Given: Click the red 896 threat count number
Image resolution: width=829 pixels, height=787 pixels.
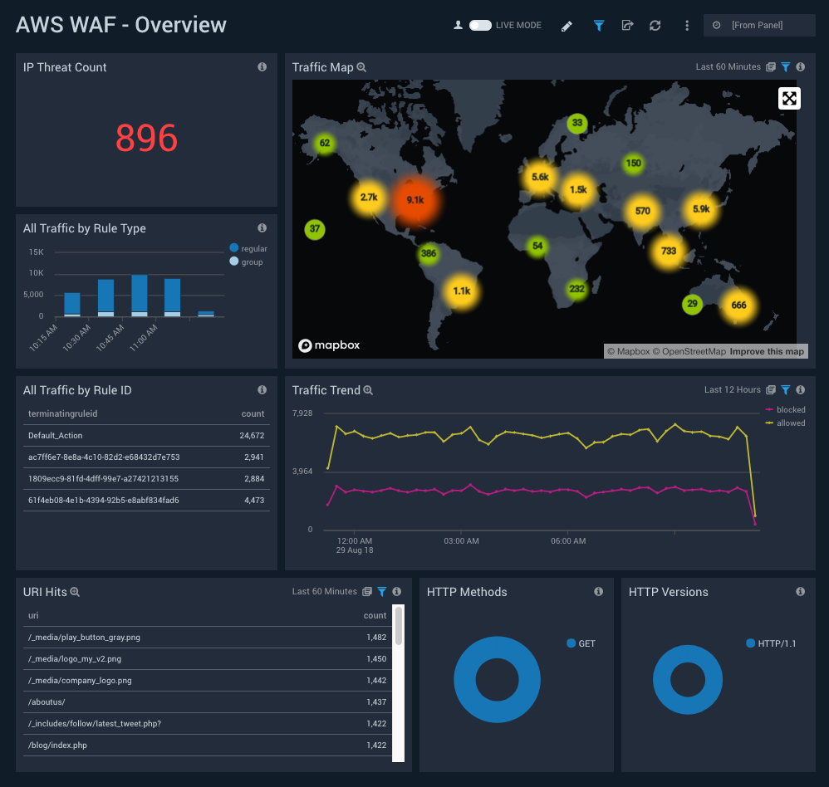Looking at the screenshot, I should pos(146,138).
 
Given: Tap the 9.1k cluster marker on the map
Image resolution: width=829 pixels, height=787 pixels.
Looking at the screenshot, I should pos(415,199).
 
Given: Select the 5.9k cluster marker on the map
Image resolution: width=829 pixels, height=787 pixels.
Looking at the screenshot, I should pos(701,209).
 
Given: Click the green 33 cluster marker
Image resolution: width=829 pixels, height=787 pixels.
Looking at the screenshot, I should pos(577,124).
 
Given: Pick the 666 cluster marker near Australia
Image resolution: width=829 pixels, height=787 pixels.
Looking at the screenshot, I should pos(738,305).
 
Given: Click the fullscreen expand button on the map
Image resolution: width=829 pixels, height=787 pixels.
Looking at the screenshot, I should pos(789,99).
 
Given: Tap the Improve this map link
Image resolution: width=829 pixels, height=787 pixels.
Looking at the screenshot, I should pos(767,351).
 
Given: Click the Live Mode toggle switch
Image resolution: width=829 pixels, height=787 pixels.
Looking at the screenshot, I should pos(480,26).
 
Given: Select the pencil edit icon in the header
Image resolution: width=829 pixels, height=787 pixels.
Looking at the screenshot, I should pos(567,26).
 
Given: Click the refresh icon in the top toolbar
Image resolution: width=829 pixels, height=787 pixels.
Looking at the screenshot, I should pos(655,26).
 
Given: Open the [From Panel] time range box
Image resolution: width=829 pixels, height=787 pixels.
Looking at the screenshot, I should pos(759,26).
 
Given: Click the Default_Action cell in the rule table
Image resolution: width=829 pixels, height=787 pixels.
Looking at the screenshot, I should pos(56,435).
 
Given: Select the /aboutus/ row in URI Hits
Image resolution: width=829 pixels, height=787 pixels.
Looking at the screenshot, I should pos(47,702).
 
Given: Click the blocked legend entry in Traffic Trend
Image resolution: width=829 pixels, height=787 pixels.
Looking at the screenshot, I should pos(790,410).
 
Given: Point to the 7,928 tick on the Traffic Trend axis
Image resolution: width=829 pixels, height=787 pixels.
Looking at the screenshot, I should pos(302,413).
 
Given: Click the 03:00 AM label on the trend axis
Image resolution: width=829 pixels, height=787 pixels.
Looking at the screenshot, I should pos(462,541).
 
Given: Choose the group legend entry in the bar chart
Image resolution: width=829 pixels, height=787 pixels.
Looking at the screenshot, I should pos(251,262).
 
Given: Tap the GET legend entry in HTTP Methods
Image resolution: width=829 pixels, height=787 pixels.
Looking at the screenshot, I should pos(586,643).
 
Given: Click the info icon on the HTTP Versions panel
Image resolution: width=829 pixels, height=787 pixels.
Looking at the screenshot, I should pos(800,592).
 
